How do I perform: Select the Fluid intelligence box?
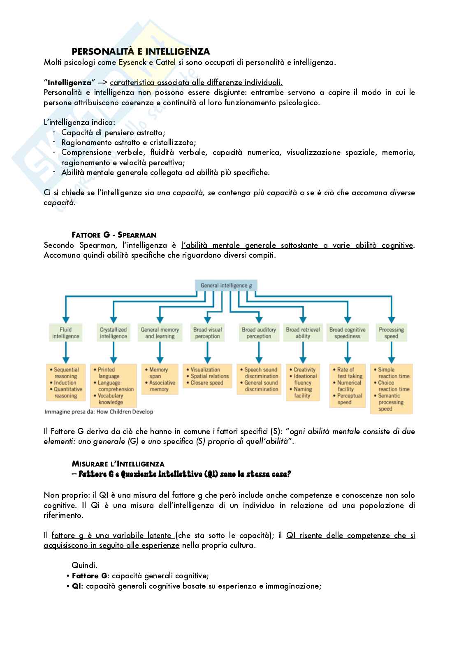point(65,333)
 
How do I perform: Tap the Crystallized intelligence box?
point(113,333)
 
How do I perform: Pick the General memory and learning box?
point(160,333)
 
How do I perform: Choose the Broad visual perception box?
point(207,333)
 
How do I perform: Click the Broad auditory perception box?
point(259,333)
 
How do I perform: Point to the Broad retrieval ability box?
point(303,333)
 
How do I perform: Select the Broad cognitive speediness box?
point(347,333)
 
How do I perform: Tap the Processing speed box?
point(391,333)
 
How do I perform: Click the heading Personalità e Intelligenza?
point(141,51)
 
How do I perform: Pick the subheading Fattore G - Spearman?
point(114,235)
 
